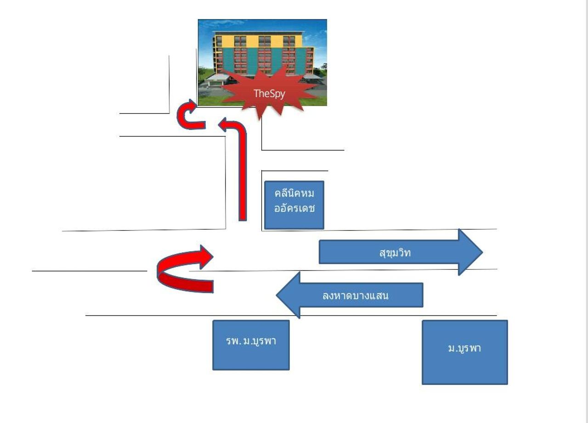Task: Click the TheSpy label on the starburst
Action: (269, 94)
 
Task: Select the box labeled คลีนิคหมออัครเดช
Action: (294, 205)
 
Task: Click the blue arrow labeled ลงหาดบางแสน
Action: (354, 295)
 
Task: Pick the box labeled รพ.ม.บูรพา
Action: (251, 344)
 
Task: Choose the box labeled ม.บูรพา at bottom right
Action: (464, 352)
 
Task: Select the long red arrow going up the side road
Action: (242, 175)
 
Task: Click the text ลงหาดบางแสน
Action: (356, 295)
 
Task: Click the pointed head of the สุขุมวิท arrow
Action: (471, 252)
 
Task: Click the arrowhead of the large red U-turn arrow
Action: (204, 256)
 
